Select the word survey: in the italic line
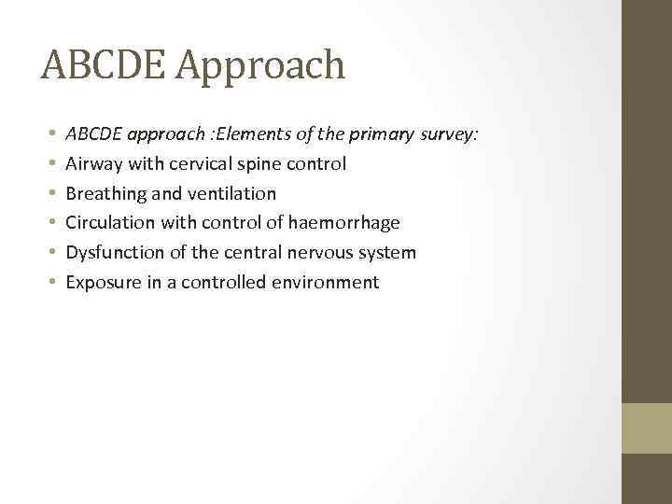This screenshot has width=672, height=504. coord(448,134)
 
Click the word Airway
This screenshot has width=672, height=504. coord(92,164)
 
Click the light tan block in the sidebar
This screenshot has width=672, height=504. coord(647,428)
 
